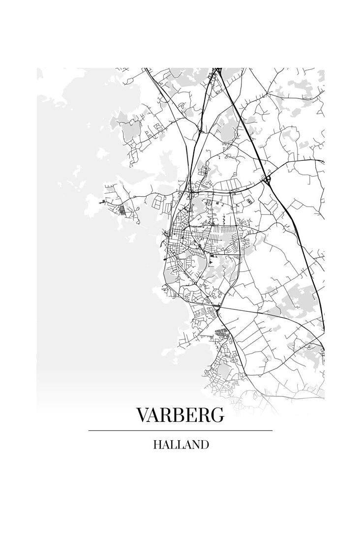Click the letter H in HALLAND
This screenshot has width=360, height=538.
pyautogui.click(x=157, y=445)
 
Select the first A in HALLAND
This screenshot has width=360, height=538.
pyautogui.click(x=165, y=445)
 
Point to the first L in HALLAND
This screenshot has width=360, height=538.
pyautogui.click(x=173, y=445)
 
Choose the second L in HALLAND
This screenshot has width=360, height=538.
pyautogui.click(x=179, y=445)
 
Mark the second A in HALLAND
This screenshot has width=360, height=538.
pyautogui.click(x=186, y=445)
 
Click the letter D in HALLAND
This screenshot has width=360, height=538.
pyautogui.click(x=204, y=445)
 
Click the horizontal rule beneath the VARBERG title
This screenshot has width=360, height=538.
pyautogui.click(x=180, y=430)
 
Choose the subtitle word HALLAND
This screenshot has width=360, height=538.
pyautogui.click(x=180, y=445)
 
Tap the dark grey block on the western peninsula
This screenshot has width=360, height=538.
pyautogui.click(x=122, y=210)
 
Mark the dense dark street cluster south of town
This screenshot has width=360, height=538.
pyautogui.click(x=222, y=331)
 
